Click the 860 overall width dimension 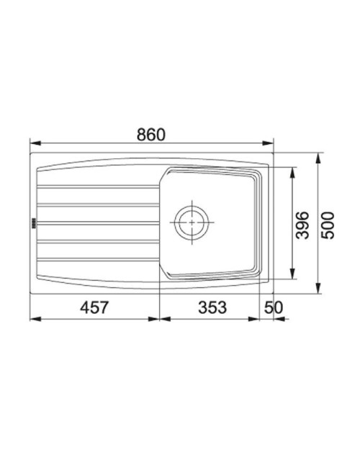pyautogui.click(x=150, y=135)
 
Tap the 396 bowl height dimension pyautogui.click(x=302, y=225)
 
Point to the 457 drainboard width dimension pyautogui.click(x=94, y=307)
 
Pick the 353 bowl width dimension pyautogui.click(x=212, y=307)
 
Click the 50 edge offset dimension pyautogui.click(x=273, y=307)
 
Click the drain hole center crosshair pyautogui.click(x=192, y=222)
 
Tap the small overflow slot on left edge pyautogui.click(x=34, y=222)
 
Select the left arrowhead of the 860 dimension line pyautogui.click(x=35, y=143)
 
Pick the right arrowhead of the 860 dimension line pyautogui.click(x=268, y=143)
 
